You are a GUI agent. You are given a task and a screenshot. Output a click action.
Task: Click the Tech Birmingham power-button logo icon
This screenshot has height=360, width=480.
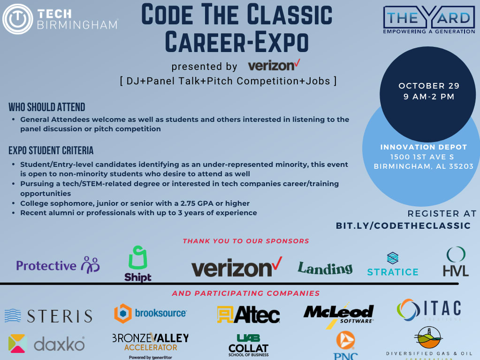click(x=17, y=19)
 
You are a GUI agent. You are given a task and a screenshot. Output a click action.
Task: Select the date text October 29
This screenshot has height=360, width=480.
click(x=429, y=86)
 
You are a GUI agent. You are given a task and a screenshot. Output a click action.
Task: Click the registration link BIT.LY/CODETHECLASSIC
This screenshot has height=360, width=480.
click(x=403, y=226)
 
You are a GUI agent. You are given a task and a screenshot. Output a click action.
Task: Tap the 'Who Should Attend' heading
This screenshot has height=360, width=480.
click(x=47, y=107)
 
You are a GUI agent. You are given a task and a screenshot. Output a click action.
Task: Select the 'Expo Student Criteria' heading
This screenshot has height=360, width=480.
click(x=51, y=150)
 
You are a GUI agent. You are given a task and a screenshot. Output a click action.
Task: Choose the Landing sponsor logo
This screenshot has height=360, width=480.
click(x=325, y=268)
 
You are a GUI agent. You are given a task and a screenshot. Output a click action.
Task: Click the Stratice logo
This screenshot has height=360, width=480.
click(x=393, y=265)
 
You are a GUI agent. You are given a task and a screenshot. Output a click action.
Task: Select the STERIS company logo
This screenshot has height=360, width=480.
click(x=48, y=315)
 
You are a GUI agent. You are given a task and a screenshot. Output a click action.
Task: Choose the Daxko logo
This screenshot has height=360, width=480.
click(x=46, y=344)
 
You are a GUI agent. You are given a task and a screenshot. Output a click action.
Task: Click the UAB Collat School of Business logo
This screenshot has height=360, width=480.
click(x=248, y=345)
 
